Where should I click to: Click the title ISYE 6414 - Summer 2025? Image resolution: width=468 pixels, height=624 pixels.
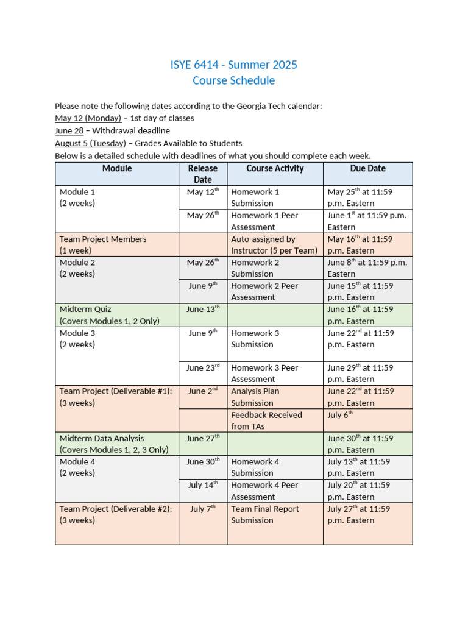(x=234, y=65)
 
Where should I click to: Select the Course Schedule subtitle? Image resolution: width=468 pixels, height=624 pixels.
(x=234, y=80)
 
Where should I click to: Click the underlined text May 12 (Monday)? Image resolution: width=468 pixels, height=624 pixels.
(x=88, y=118)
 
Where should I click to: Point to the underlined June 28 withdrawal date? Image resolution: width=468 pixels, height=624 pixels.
(x=69, y=130)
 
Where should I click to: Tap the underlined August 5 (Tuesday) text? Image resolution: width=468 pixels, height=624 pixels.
(x=90, y=143)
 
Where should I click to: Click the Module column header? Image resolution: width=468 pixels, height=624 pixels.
(x=117, y=169)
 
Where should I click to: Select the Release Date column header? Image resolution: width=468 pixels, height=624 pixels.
(x=203, y=174)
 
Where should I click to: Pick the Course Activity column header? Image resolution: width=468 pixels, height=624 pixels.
(x=275, y=168)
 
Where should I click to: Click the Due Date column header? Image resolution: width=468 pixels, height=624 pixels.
(x=367, y=168)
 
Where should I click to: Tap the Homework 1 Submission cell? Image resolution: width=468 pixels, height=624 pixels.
(x=255, y=197)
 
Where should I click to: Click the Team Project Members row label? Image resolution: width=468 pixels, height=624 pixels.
(x=103, y=244)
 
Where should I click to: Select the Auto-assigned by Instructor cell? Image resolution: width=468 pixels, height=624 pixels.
(x=274, y=244)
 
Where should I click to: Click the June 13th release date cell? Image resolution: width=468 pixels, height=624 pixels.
(x=203, y=310)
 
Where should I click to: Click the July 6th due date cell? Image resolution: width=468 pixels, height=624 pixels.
(x=341, y=415)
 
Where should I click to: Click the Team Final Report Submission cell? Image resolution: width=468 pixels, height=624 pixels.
(x=265, y=514)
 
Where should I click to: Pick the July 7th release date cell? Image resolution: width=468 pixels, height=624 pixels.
(x=203, y=509)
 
